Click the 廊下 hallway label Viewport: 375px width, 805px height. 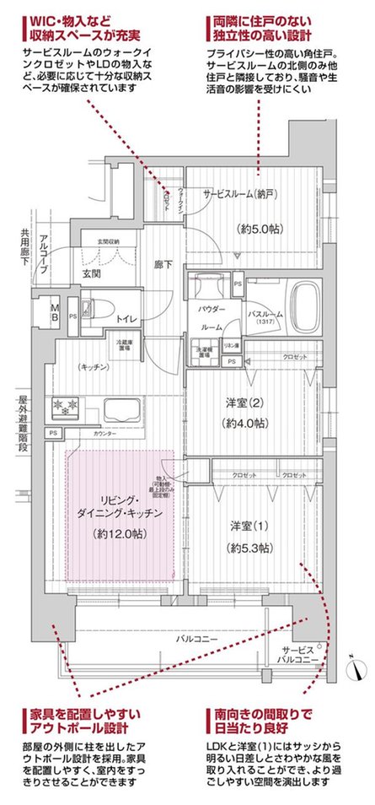point(163,264)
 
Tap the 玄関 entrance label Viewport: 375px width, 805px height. point(91,273)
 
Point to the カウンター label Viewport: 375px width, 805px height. point(104,433)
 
